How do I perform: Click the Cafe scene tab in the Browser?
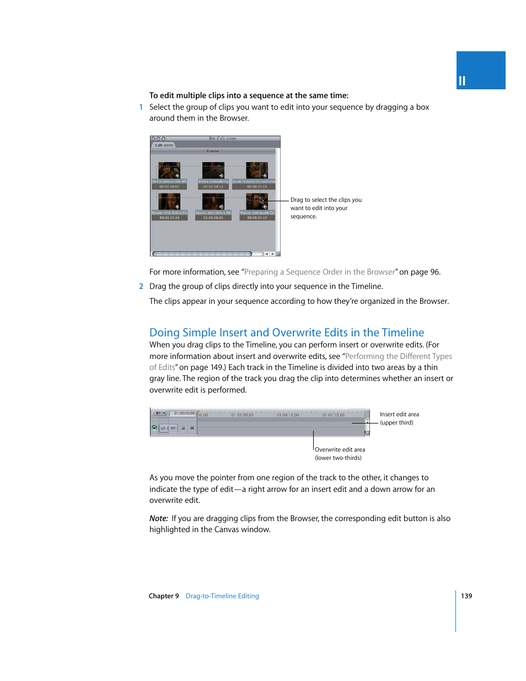(164, 145)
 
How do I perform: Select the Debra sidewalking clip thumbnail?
(213, 170)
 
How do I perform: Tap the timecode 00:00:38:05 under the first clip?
(169, 187)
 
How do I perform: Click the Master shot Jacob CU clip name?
(257, 213)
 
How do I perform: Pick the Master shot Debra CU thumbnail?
(169, 201)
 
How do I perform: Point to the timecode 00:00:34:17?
(257, 218)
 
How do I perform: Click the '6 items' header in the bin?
(213, 151)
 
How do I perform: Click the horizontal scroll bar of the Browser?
(202, 254)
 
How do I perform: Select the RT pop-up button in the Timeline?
(159, 414)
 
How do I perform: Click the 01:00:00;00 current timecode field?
(184, 414)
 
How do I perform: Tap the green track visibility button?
(154, 428)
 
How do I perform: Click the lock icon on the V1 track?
(184, 428)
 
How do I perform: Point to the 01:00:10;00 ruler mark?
(288, 415)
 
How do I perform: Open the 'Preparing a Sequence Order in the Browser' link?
(320, 272)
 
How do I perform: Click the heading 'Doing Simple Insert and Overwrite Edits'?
(287, 333)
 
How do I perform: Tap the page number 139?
(466, 596)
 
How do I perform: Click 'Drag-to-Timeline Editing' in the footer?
(222, 596)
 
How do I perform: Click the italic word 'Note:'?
(159, 518)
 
